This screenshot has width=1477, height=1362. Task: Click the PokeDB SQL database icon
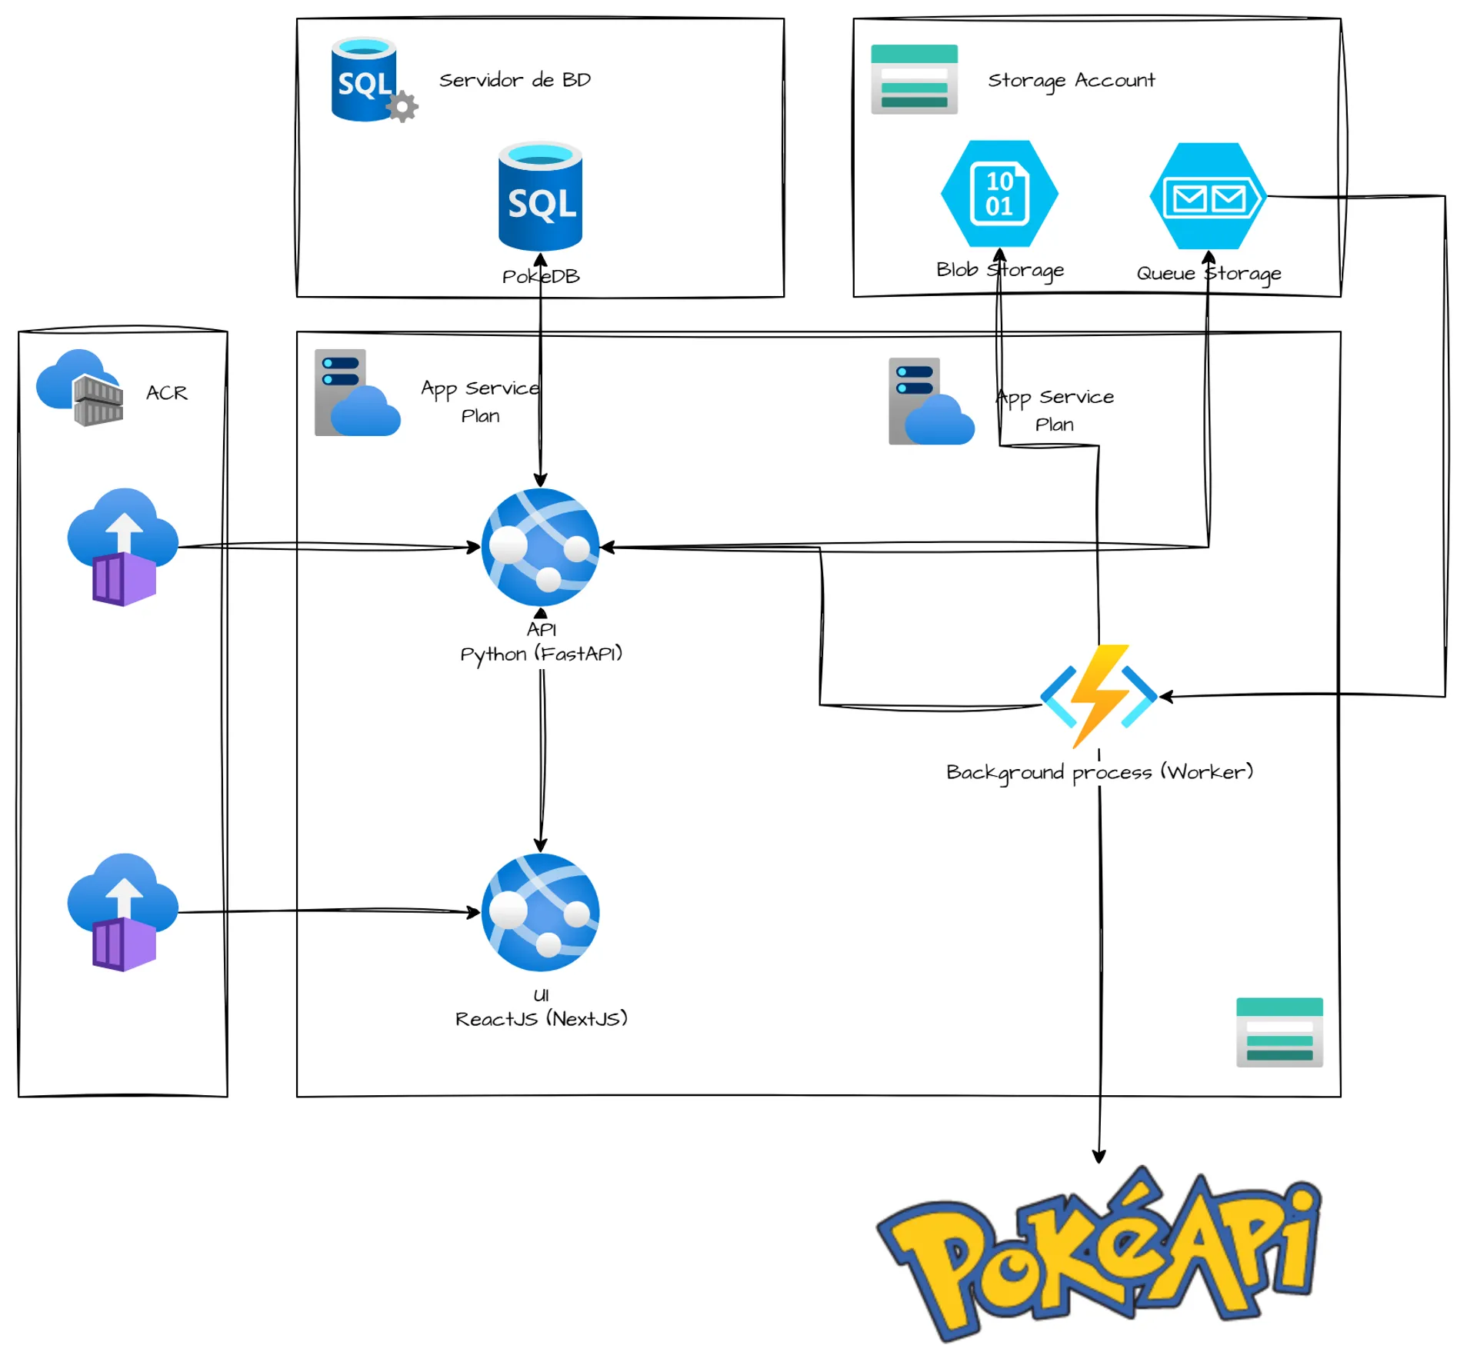[540, 196]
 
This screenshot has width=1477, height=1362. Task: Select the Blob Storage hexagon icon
[999, 193]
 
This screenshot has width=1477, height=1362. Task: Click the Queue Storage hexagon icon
[1207, 196]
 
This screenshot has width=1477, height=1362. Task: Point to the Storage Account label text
[1071, 80]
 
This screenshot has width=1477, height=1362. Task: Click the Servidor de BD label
[515, 80]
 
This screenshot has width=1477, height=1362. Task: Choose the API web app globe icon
[540, 547]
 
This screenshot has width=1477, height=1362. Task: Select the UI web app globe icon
[540, 912]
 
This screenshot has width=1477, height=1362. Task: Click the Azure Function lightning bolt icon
[1099, 695]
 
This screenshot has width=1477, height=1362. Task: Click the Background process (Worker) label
[1099, 771]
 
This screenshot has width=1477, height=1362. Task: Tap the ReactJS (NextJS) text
[541, 1018]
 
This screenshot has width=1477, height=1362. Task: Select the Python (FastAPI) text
[541, 654]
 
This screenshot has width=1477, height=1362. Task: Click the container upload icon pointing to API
[123, 547]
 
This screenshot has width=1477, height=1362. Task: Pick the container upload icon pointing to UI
[123, 912]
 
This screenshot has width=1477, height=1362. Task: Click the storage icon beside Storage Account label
[914, 79]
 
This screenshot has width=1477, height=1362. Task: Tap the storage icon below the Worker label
[1279, 1031]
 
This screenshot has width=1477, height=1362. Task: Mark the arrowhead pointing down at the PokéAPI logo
[1099, 1157]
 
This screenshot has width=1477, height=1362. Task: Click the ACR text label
[166, 393]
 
